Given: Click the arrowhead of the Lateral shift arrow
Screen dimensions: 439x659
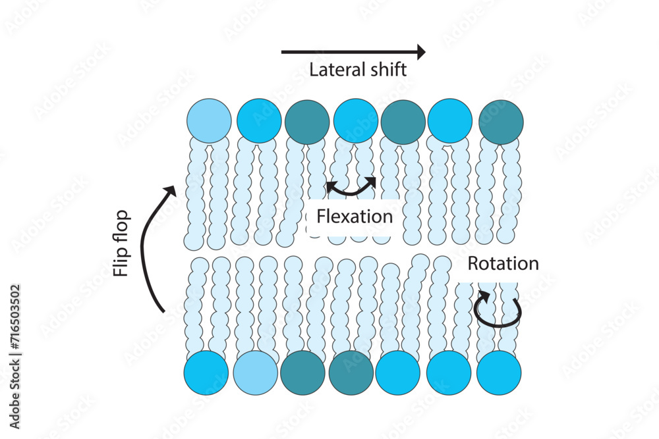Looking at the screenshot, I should [420, 51].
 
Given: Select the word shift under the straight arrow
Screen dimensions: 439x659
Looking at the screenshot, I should [385, 70].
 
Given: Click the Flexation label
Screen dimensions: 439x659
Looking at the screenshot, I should [355, 216].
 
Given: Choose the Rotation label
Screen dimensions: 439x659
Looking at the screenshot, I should [503, 264].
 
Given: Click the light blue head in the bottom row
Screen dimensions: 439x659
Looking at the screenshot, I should [255, 373].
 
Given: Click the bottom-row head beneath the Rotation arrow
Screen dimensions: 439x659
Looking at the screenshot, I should [499, 373].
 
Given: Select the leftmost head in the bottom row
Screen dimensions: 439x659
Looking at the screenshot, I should [206, 373].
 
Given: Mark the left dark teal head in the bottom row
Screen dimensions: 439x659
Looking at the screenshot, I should [302, 373].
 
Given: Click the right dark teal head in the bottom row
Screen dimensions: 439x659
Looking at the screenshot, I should [351, 373].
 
